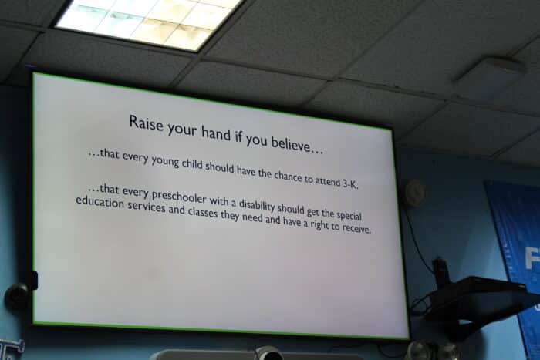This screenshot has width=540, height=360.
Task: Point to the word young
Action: tap(166, 161)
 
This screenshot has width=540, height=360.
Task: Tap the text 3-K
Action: tap(350, 183)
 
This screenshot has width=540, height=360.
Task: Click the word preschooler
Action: tap(179, 197)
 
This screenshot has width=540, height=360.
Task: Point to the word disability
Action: tap(257, 205)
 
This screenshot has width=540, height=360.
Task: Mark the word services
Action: tap(147, 206)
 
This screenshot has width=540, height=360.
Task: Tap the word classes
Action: tap(203, 212)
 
